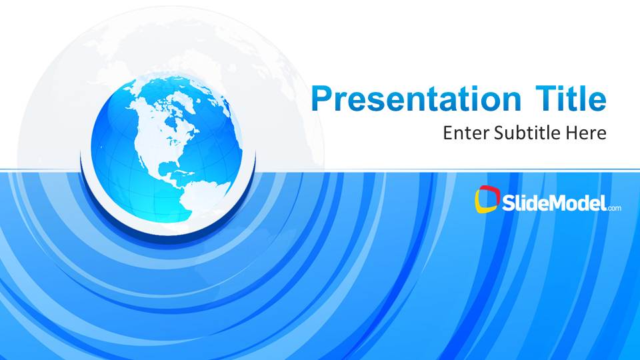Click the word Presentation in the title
tap(416, 99)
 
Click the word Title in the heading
tap(571, 98)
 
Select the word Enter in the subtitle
tap(466, 133)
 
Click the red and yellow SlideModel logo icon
tap(487, 199)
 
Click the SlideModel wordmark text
tap(554, 203)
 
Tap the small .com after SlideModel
tap(614, 208)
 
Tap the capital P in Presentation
tap(321, 98)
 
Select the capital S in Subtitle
tap(499, 133)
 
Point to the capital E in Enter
tap(448, 133)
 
